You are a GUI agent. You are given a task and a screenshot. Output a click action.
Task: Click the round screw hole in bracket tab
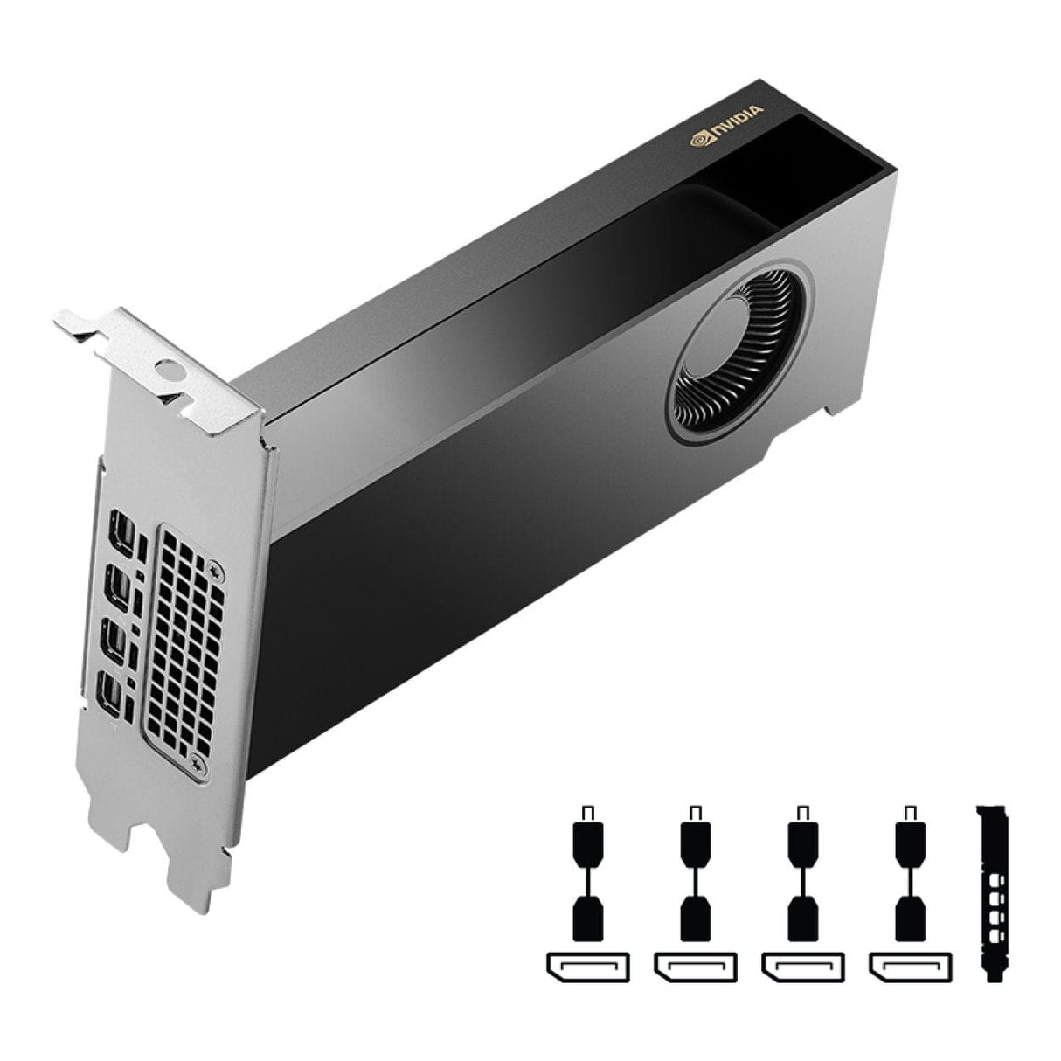pos(169,369)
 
